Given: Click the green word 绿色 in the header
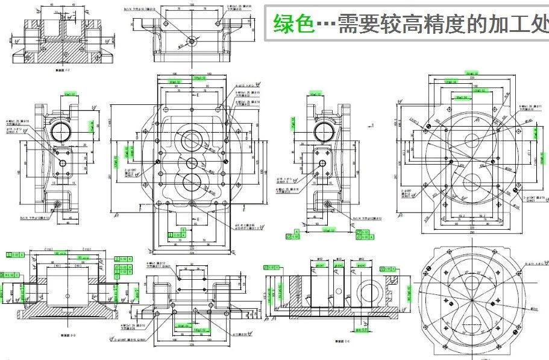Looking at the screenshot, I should click(x=294, y=24).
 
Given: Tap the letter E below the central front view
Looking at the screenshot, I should click(x=197, y=218).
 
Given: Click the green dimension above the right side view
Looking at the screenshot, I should click(x=313, y=94).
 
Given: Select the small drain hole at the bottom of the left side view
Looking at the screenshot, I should click(x=58, y=203).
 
